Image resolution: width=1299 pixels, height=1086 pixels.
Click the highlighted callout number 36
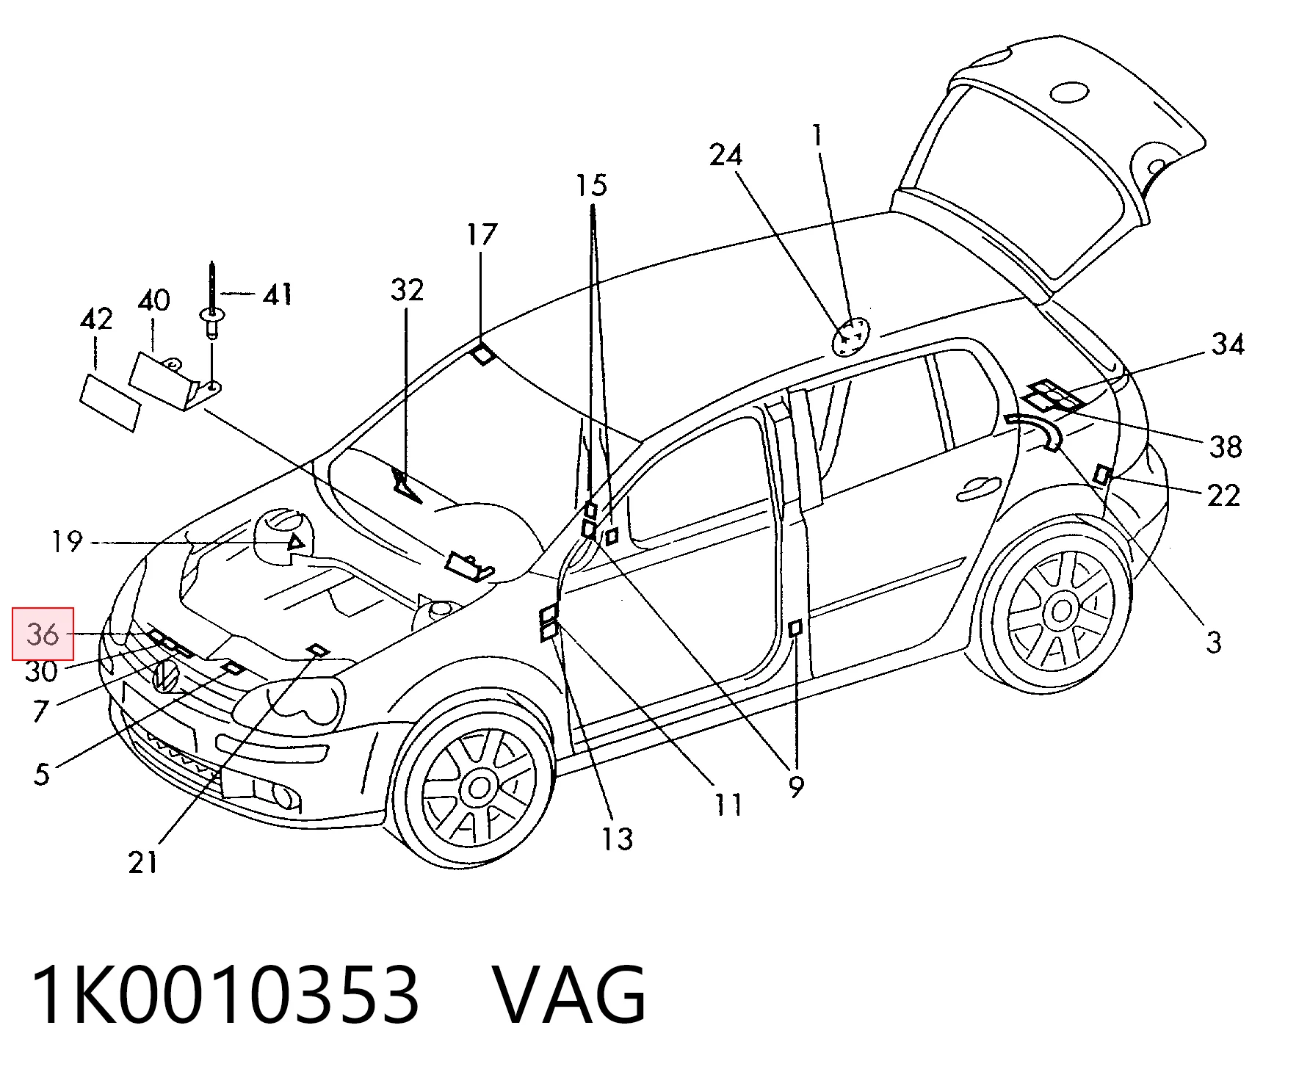click(x=43, y=634)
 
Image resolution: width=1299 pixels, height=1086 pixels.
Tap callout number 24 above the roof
click(x=726, y=155)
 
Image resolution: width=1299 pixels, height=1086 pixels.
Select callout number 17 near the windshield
click(x=482, y=235)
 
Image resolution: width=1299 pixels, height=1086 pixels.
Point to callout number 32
click(x=407, y=290)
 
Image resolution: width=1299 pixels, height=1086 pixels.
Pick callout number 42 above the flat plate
click(x=96, y=319)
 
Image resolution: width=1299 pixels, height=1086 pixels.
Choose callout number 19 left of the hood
click(x=67, y=543)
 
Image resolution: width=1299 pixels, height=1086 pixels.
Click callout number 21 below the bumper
click(x=143, y=861)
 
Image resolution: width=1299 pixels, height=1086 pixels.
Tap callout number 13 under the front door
click(x=617, y=838)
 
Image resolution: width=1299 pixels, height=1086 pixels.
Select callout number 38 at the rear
click(x=1225, y=446)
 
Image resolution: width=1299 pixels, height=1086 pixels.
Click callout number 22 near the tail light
click(x=1223, y=496)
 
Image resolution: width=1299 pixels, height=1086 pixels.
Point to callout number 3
click(x=1214, y=642)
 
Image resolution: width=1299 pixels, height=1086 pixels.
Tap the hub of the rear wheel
click(x=1061, y=611)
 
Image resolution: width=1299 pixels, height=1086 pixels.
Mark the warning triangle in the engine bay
click(x=295, y=544)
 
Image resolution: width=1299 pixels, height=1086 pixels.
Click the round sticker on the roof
click(x=850, y=336)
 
